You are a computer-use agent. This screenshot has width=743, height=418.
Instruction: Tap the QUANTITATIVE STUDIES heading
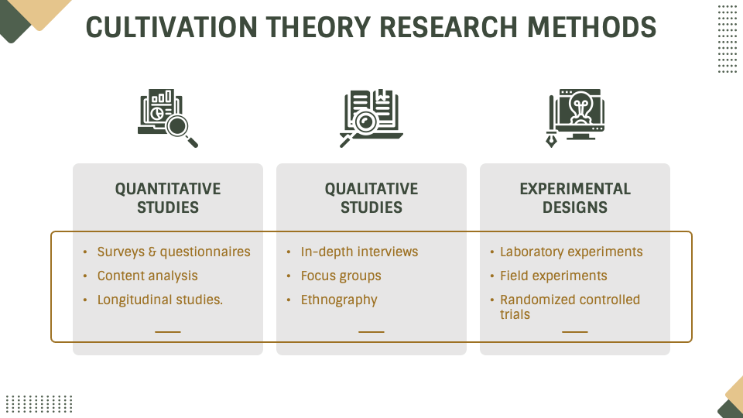click(x=168, y=198)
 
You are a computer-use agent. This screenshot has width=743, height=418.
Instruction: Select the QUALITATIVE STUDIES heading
click(x=371, y=198)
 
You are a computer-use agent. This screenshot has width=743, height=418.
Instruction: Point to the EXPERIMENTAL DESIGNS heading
click(x=575, y=198)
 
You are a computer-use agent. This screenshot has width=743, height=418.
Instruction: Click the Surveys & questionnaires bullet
click(x=173, y=252)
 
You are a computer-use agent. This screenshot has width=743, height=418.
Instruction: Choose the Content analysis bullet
click(x=147, y=276)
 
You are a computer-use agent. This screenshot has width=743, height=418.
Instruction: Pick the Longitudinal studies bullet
click(x=159, y=300)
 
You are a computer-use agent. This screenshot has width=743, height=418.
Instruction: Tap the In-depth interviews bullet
click(x=359, y=252)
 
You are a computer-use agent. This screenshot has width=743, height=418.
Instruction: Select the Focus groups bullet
click(x=341, y=276)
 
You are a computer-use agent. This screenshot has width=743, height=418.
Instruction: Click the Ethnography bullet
click(x=339, y=300)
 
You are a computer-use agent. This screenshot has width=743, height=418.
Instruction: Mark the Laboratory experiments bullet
click(x=571, y=252)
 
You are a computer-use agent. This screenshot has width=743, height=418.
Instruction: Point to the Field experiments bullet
click(x=553, y=276)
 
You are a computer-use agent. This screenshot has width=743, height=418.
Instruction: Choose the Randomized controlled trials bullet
click(x=570, y=307)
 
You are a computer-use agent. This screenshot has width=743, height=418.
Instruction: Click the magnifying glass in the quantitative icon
click(x=180, y=126)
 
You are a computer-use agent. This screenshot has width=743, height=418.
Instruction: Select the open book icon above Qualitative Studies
click(x=371, y=116)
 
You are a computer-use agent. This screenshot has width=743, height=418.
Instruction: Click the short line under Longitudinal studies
click(x=168, y=331)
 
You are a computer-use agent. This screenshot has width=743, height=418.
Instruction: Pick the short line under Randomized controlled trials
click(x=575, y=331)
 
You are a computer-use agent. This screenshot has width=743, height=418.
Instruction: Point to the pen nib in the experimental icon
click(x=552, y=142)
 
